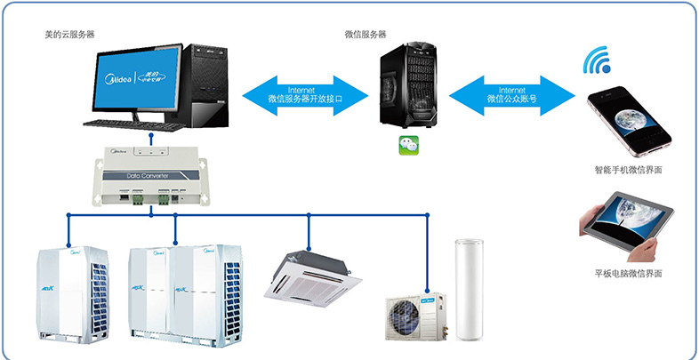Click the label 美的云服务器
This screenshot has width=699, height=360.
tap(69, 34)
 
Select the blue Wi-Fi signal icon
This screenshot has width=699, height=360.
tap(597, 60)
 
